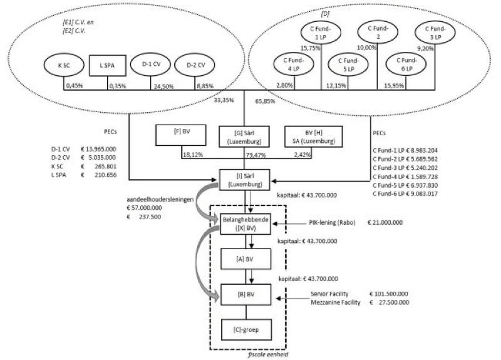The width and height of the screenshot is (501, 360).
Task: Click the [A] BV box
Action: pos(243,258)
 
